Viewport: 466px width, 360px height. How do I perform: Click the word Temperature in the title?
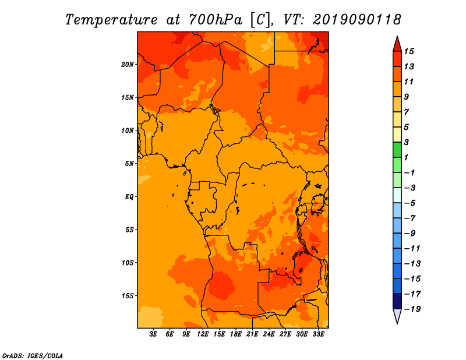click(111, 20)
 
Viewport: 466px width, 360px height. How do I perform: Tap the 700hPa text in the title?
click(216, 20)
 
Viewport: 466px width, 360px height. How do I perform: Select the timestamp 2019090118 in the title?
click(357, 20)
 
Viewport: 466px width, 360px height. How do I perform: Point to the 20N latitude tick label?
click(128, 65)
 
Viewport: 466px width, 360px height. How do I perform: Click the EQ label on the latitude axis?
click(129, 197)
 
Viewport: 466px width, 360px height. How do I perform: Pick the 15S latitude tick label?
click(128, 296)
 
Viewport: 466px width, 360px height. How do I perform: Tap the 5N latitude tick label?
click(129, 164)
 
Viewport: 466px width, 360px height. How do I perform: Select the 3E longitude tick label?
click(153, 334)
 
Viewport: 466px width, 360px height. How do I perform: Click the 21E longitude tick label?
click(252, 334)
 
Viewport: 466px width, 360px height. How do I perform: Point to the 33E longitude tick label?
click(318, 334)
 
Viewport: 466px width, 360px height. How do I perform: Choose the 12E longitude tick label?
click(203, 334)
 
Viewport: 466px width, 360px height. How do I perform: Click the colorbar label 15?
click(409, 51)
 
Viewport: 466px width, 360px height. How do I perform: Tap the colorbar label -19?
click(412, 309)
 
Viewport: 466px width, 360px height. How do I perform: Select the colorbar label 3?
click(407, 142)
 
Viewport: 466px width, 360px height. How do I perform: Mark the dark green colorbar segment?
click(397, 150)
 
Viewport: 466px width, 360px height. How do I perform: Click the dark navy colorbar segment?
click(397, 301)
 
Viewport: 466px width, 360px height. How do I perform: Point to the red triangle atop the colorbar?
click(397, 45)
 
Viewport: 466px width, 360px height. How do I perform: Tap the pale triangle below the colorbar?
click(397, 316)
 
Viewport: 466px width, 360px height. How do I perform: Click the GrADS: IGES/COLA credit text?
click(33, 356)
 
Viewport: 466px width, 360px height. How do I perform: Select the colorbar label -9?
click(410, 234)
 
